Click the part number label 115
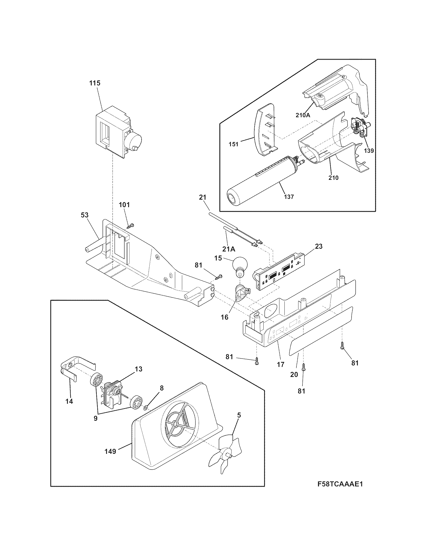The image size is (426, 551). click(95, 83)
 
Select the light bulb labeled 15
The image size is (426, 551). click(238, 266)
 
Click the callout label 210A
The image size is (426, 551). click(303, 115)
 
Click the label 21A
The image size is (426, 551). click(229, 249)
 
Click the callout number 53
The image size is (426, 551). click(85, 215)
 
